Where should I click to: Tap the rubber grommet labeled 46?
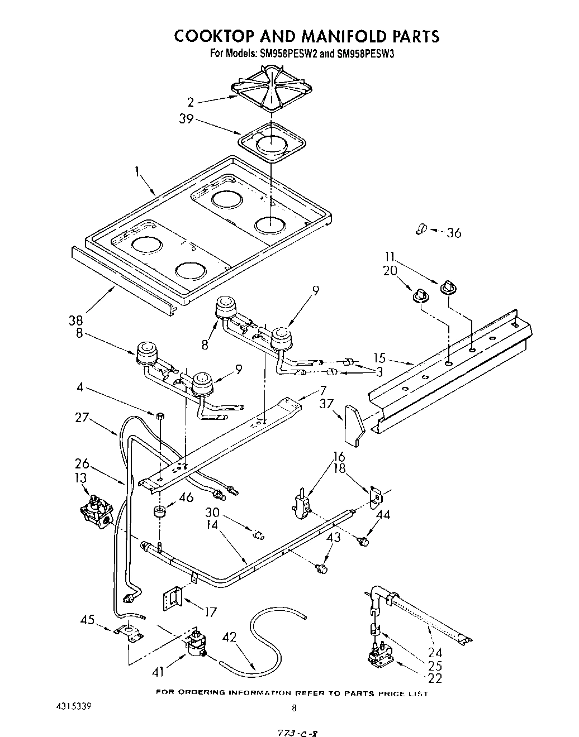159,511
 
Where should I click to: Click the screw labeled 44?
364,540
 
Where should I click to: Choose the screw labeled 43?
321,568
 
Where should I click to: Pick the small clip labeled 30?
259,535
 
